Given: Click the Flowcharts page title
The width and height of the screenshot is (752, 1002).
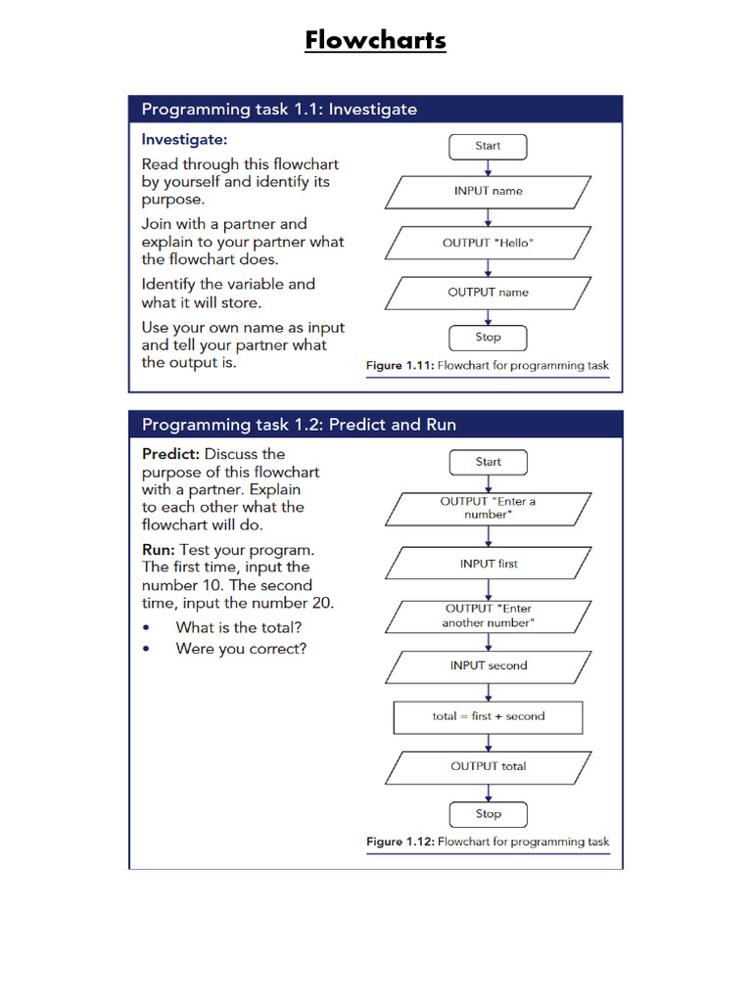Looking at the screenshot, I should click(x=375, y=40).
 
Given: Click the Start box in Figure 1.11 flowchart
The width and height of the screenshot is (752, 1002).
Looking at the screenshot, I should click(x=488, y=147).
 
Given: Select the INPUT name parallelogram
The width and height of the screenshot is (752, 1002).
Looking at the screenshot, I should click(x=488, y=192).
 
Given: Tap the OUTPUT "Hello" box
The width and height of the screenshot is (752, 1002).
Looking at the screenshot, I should click(x=488, y=243).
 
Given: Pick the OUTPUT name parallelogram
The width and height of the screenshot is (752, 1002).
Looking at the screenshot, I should click(x=488, y=293).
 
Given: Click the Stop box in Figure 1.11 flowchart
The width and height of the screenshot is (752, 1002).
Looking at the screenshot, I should click(x=488, y=338).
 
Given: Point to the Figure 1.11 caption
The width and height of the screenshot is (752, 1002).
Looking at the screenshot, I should click(x=487, y=366).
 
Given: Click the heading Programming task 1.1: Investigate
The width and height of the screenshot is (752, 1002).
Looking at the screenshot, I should click(x=279, y=110).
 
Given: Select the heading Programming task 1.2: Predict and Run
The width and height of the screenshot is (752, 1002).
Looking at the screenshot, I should click(x=299, y=425).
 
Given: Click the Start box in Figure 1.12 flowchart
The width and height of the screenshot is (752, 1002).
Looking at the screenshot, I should click(x=488, y=462).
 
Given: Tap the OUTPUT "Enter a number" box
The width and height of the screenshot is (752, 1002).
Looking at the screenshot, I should click(x=488, y=508).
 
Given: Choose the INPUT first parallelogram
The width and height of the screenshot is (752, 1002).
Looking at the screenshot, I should click(x=488, y=564).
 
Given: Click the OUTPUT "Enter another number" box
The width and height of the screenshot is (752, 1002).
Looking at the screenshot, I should click(x=488, y=615).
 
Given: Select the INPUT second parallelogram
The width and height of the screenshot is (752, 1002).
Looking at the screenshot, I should click(x=488, y=666).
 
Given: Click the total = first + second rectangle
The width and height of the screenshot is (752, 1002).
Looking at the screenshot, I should click(x=488, y=716).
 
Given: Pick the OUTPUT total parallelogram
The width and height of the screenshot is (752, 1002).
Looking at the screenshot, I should click(x=488, y=767).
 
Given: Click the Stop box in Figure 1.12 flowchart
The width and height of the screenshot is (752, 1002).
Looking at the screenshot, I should click(x=488, y=814).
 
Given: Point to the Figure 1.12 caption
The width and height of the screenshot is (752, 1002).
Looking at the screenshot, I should click(x=487, y=842).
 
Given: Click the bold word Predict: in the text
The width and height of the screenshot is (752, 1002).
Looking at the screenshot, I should click(x=171, y=454).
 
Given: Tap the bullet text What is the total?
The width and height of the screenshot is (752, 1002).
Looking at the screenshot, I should click(x=238, y=627).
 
